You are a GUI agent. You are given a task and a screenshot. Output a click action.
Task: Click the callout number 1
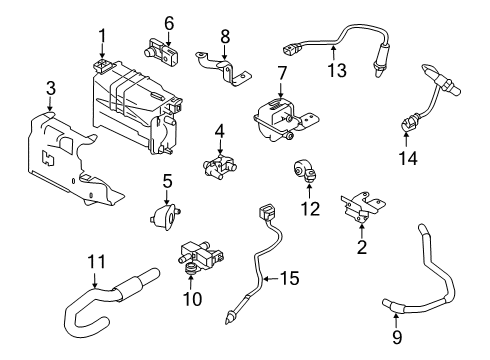pos(101,39)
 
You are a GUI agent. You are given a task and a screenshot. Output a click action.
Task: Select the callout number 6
pos(169,22)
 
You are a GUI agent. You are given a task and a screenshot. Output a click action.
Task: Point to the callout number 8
pos(225,37)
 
